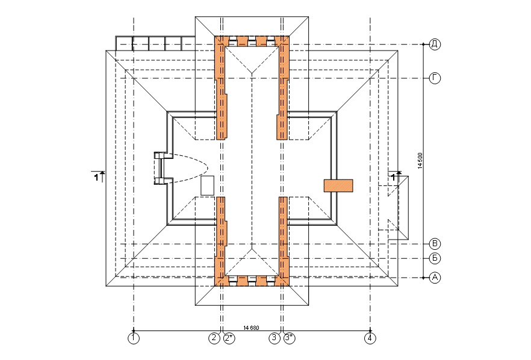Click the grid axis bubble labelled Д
[435, 44]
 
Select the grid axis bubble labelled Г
[435, 78]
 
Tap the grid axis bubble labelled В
[435, 244]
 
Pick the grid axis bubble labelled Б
[435, 258]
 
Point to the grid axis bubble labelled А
[435, 278]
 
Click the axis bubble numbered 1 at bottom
[134, 338]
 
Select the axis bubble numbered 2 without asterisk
[214, 338]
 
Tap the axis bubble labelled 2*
[229, 338]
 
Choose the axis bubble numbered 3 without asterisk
[275, 338]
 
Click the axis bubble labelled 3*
[289, 338]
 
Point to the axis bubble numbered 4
[370, 338]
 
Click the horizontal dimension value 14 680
[251, 327]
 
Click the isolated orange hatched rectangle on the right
[338, 185]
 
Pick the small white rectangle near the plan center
[207, 185]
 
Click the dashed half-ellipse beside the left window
[190, 169]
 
